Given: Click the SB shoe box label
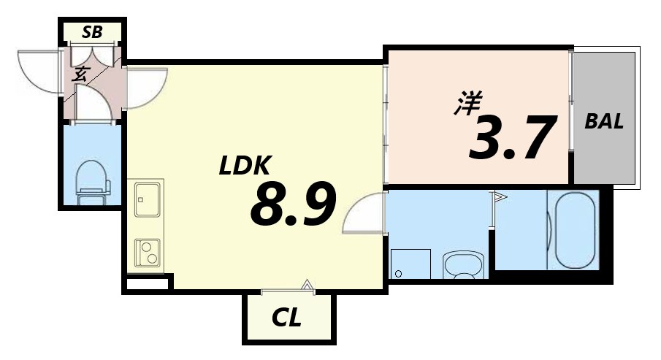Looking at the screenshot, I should [92, 32].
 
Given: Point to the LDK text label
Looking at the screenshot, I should [245, 166].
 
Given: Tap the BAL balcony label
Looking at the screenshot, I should [604, 122].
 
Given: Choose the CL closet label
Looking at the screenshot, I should [287, 318].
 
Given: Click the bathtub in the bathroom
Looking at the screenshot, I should [576, 231].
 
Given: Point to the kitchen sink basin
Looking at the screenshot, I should [148, 199].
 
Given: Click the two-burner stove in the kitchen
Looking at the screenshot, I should [148, 253].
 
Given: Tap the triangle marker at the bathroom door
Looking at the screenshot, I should [500, 196].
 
